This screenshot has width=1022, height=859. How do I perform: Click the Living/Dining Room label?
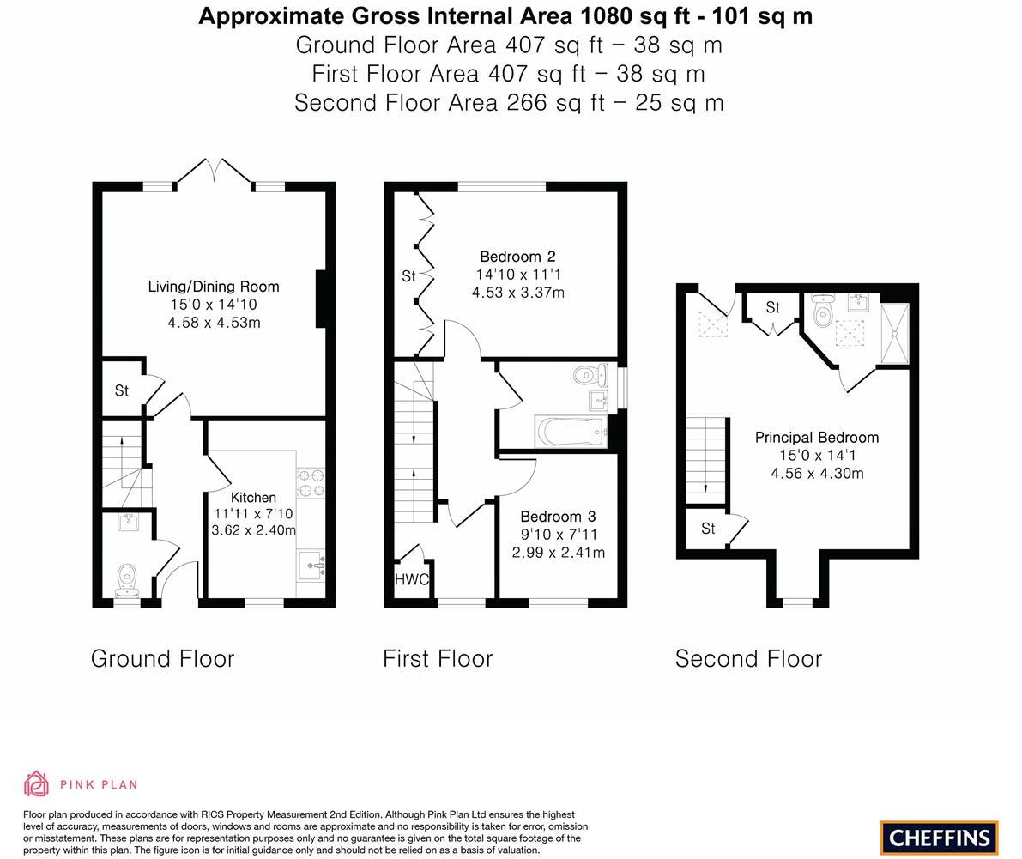coord(214,287)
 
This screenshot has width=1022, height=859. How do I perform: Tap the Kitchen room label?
coord(253,497)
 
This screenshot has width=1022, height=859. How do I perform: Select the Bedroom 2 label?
coord(517,256)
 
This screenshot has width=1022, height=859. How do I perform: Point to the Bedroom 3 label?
coord(558,516)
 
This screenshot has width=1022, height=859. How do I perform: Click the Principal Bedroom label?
coord(816,437)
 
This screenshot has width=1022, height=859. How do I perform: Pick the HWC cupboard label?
coord(412,579)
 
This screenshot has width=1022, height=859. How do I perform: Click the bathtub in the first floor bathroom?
coord(571,432)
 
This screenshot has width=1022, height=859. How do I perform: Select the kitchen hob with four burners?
coord(310,483)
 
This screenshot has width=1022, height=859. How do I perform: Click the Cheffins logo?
coord(939,838)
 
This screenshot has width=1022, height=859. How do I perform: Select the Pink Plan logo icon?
coord(37,783)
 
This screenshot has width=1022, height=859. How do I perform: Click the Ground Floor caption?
coord(162,658)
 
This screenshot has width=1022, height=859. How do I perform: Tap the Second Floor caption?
coord(748,658)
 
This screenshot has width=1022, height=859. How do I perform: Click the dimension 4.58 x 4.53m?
coord(214,323)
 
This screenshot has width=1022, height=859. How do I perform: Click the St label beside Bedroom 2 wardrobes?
coord(408,275)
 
